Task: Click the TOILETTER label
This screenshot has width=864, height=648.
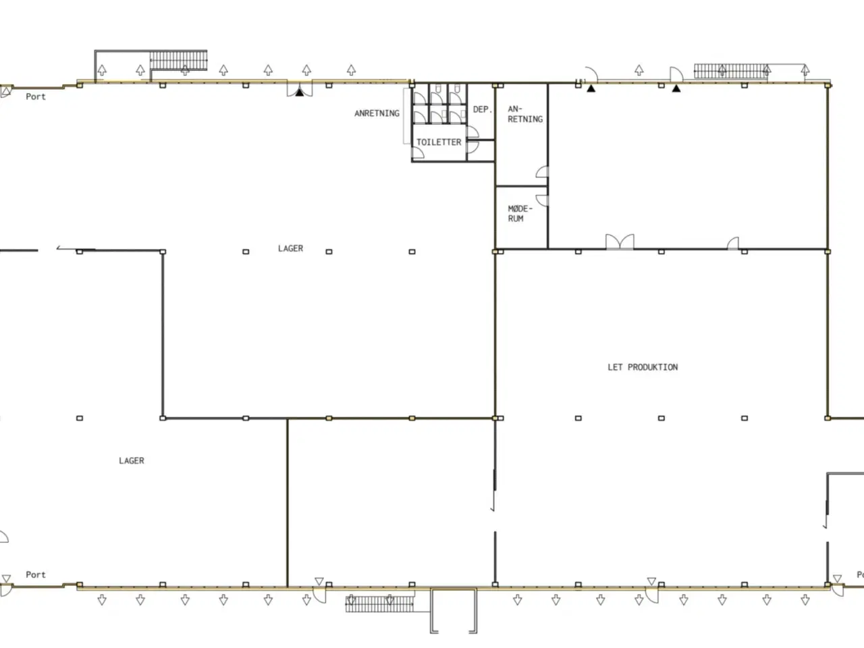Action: pos(439,142)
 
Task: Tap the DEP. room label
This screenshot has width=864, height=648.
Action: pos(483,109)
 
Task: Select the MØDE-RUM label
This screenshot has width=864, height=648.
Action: pos(520,214)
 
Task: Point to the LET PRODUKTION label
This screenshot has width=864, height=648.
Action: pos(643,367)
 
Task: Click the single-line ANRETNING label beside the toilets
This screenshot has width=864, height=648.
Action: pos(377,113)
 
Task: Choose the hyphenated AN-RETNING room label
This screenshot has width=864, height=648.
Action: pos(525,114)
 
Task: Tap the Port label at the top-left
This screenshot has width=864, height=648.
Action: pos(36,97)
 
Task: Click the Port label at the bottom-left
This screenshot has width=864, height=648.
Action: pos(36,574)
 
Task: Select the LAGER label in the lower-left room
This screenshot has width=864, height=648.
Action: pos(132,460)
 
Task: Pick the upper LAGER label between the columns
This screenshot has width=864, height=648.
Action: pos(290,248)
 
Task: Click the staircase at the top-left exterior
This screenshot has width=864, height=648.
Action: pos(178,60)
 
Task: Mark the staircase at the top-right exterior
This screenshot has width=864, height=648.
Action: pos(731,72)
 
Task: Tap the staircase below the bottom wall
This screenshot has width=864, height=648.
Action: pos(379,604)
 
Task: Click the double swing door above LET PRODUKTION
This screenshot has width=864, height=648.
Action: pos(620,242)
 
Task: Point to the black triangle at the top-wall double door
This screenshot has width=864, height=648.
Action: pos(300,92)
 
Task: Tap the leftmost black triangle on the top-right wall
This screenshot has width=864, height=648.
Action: pos(591,88)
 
